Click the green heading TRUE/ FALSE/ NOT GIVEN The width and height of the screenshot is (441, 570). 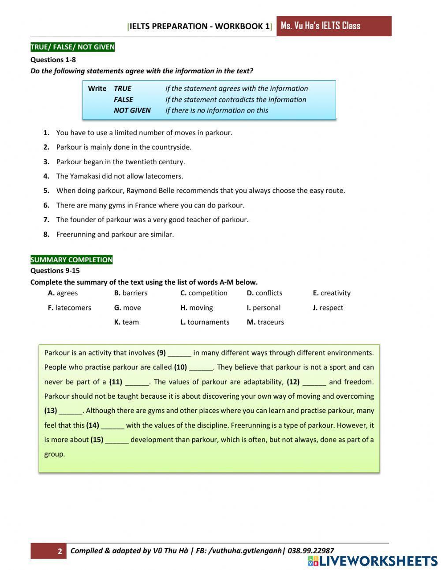pyautogui.click(x=72, y=47)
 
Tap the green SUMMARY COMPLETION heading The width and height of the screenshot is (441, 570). pyautogui.click(x=71, y=260)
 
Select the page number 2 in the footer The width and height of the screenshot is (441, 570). pyautogui.click(x=60, y=551)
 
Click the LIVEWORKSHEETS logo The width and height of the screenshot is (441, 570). pyautogui.click(x=373, y=561)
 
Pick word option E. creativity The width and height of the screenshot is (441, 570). pyautogui.click(x=332, y=293)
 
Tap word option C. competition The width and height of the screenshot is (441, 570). pyautogui.click(x=204, y=293)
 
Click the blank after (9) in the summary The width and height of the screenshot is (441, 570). pyautogui.click(x=179, y=353)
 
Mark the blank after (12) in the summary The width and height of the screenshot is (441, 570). pyautogui.click(x=314, y=382)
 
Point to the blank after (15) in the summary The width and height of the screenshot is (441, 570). pyautogui.click(x=117, y=440)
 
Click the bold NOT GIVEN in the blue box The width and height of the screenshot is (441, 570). pyautogui.click(x=132, y=110)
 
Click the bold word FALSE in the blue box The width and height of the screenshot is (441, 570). pyautogui.click(x=123, y=99)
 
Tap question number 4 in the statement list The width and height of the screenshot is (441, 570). pyautogui.click(x=46, y=176)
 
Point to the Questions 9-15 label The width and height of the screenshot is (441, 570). pyautogui.click(x=55, y=271)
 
